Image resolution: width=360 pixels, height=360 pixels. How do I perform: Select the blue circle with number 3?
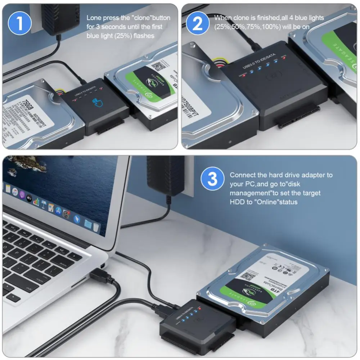coord(213,179)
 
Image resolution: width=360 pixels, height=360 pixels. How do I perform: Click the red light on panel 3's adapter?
coord(199,309)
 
